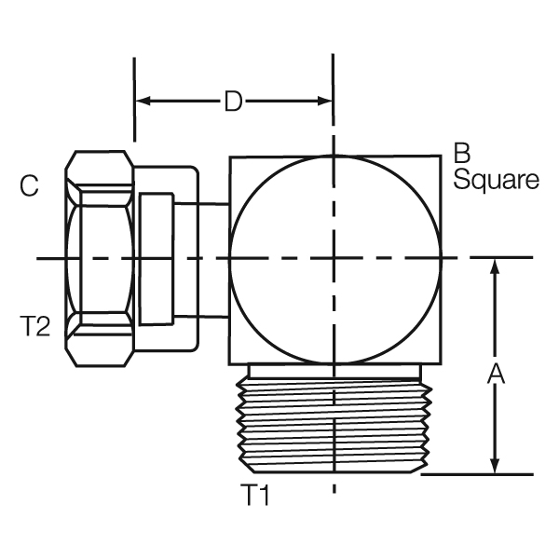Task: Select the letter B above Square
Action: (x=461, y=153)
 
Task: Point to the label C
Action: (x=29, y=187)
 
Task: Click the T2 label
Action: (x=34, y=325)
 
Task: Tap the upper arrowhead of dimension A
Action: (x=496, y=266)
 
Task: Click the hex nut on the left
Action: (x=99, y=258)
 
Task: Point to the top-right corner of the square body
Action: (x=440, y=157)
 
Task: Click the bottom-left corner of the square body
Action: (x=230, y=361)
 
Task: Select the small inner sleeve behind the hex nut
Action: (x=156, y=258)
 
